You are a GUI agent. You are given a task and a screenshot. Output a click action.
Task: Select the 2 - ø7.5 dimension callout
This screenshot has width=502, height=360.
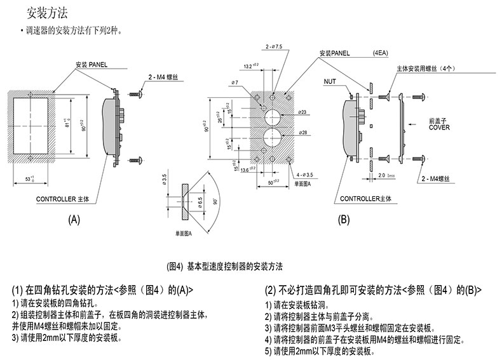(275, 46)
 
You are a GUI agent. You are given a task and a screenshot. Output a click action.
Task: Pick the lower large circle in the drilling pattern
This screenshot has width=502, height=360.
(273, 140)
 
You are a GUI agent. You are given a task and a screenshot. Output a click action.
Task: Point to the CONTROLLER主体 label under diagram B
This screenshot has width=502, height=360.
(372, 199)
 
